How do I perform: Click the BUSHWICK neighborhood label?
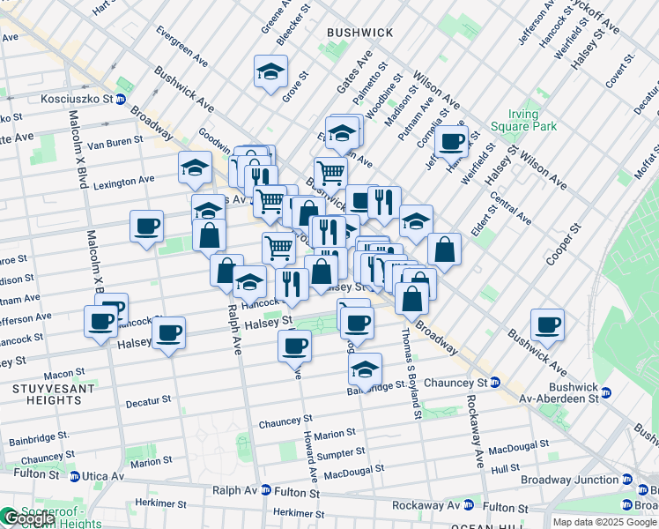359,33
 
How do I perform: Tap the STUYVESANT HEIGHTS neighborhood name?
48,393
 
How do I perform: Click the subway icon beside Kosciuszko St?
120,99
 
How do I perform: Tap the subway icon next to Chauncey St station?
496,383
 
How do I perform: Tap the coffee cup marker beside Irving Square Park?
451,140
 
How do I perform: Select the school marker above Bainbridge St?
364,369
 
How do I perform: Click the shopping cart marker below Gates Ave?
330,172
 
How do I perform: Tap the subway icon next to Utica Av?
75,476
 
